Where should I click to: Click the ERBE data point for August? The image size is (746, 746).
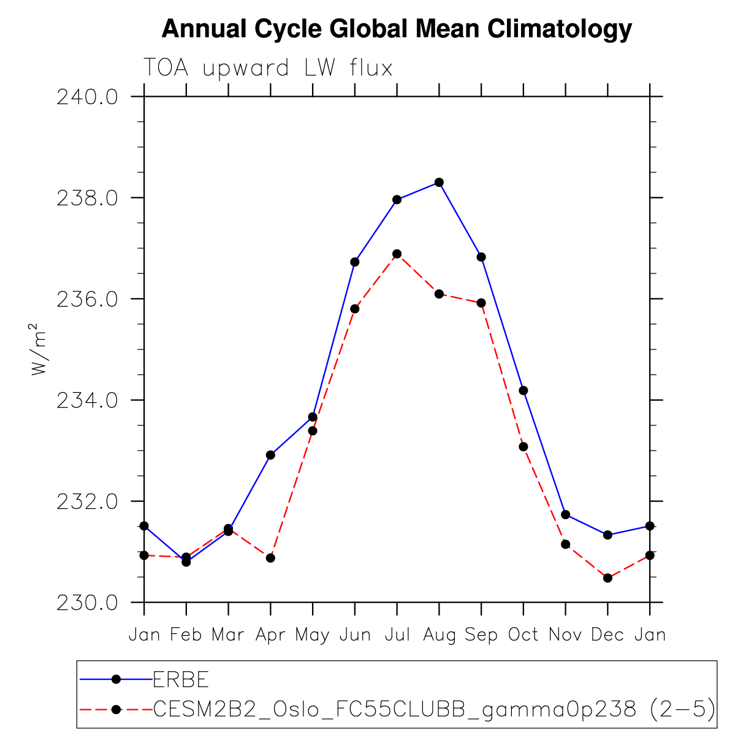[x=439, y=182]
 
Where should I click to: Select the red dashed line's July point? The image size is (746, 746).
[x=397, y=254]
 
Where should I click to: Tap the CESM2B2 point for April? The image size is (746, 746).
[x=270, y=558]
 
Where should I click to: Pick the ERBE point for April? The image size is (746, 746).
[x=270, y=455]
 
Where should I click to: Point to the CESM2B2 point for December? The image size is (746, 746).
[x=607, y=577]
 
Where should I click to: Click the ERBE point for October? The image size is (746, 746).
[x=523, y=390]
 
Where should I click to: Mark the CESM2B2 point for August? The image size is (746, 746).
[x=439, y=294]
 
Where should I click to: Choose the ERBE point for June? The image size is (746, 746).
[x=354, y=262]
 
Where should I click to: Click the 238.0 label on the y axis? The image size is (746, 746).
[x=88, y=198]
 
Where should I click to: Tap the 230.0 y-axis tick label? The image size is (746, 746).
[x=88, y=603]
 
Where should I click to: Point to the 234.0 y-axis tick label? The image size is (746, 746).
[x=88, y=400]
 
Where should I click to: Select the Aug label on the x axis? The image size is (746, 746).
[x=439, y=635]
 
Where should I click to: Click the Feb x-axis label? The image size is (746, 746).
[x=186, y=635]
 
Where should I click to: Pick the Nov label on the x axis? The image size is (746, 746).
[x=565, y=635]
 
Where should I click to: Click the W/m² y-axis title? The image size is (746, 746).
[x=39, y=349]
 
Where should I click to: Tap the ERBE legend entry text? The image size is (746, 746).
[x=181, y=679]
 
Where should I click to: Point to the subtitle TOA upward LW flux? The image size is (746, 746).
[x=268, y=68]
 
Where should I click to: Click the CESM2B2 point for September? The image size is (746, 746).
[x=481, y=303]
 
